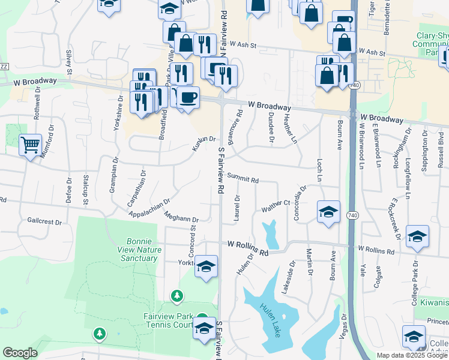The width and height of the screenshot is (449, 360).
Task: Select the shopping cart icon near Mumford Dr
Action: click(x=30, y=145)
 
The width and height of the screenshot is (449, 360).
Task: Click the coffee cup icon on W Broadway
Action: click(x=188, y=97)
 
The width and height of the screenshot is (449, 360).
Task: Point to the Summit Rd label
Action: click(x=243, y=178)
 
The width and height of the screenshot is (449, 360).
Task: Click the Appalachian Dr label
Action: click(x=149, y=206)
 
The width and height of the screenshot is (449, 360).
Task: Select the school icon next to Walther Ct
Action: click(x=328, y=212)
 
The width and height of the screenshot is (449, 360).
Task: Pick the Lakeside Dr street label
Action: click(x=288, y=277)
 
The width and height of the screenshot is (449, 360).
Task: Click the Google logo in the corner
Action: click(x=20, y=353)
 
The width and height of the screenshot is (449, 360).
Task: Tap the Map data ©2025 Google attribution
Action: click(x=412, y=355)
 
